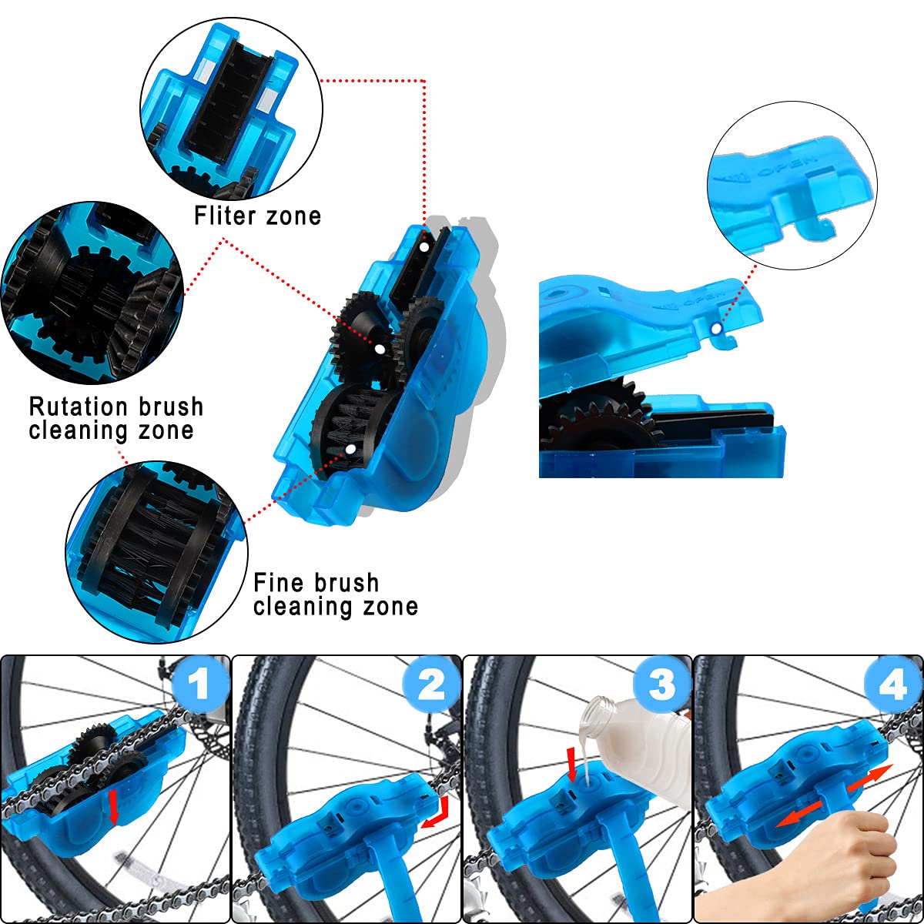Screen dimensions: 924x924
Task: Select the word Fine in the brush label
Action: coord(278,582)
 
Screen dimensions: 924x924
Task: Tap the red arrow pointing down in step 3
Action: coord(571,763)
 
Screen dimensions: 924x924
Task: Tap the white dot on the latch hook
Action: coord(718,329)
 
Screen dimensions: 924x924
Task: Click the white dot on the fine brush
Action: coord(351,447)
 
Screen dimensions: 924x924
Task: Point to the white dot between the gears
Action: coord(379,349)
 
